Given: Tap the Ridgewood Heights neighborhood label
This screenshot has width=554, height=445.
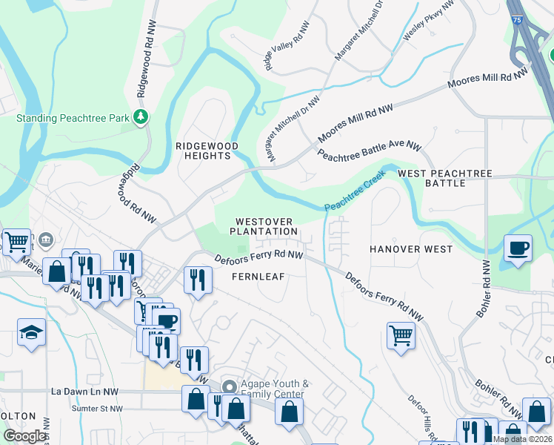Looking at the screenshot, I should pos(207,151).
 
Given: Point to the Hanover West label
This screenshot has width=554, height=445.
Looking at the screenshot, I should pos(411,249).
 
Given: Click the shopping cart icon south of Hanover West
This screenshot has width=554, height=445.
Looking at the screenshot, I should pos(401,335).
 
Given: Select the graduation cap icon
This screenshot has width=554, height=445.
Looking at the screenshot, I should pos(31,332).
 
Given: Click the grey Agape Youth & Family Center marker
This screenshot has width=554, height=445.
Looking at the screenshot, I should pos(230,387).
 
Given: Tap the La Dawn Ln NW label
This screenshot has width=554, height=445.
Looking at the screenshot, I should pos(85,391).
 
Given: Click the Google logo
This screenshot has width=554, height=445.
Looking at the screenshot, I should pos(24,435).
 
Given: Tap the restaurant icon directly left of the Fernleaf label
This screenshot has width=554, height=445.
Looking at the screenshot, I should pos(197,279).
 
